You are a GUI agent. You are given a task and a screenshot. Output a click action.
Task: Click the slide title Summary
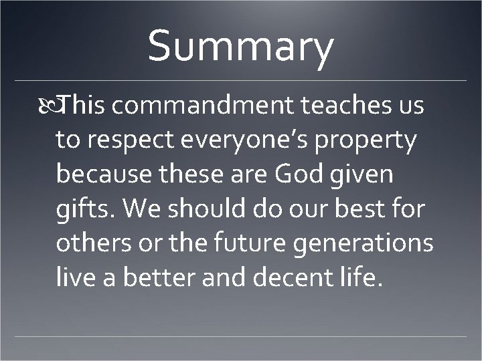click(240, 47)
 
